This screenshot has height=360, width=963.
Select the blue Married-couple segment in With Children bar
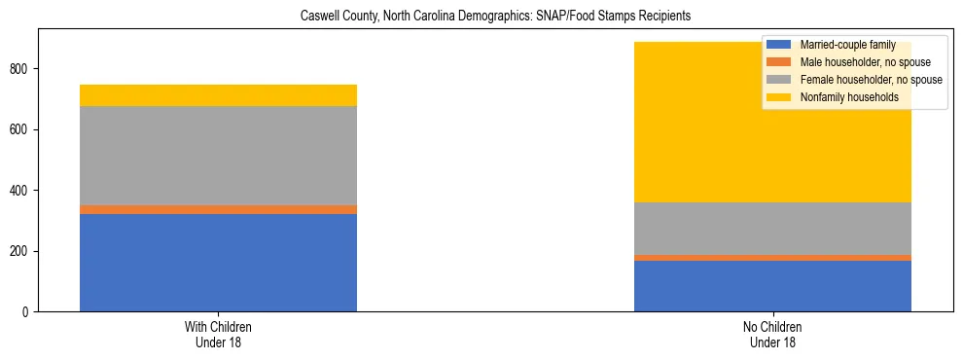218,263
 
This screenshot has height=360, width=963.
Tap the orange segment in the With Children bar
218,209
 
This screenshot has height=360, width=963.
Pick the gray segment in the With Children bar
218,156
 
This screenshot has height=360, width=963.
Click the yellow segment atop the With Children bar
218,95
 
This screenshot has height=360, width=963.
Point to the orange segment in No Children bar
772,258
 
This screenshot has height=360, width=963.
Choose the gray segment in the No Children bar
772,229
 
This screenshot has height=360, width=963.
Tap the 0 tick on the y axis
27,312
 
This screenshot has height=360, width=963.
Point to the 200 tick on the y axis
21,251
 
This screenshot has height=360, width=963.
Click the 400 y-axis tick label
21,191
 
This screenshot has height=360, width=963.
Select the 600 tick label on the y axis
21,129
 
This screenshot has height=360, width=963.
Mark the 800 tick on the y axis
21,69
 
